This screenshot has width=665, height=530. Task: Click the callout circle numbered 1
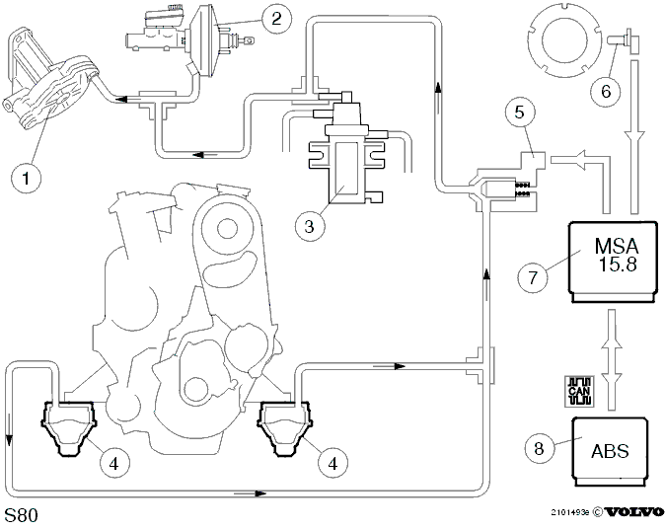pos(27,179)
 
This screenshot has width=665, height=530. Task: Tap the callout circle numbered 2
pos(276,18)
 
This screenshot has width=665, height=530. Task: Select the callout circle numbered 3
pos(310,226)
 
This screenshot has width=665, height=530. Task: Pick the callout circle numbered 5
pos(520,113)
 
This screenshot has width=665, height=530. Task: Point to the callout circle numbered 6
pos(606,91)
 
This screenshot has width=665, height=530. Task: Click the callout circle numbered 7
pos(533,277)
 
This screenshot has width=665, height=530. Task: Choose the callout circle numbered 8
pos(539,448)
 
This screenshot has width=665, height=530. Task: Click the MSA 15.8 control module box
pos(613,262)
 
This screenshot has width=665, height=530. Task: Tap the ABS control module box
pos(610,451)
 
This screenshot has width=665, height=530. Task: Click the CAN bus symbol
pos(579,391)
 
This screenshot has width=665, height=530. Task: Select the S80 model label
pos(21,515)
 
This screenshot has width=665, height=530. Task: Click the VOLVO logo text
pos(633,512)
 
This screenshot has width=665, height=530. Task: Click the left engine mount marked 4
pos(69,428)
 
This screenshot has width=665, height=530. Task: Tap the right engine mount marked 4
pos(285,428)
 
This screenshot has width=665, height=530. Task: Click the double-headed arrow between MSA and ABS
pos(612,360)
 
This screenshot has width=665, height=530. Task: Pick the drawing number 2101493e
pos(570,512)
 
